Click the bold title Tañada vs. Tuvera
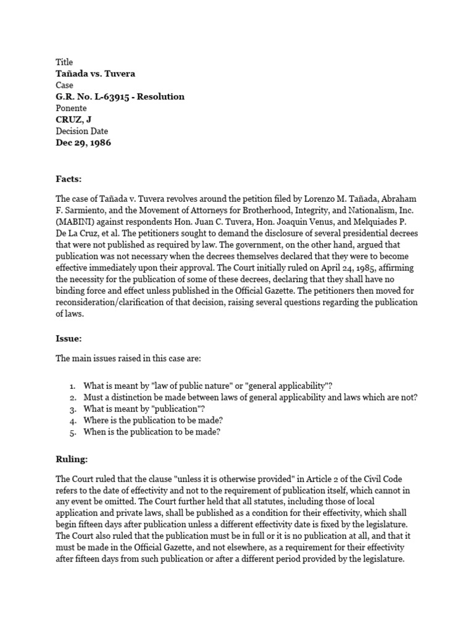coord(95,73)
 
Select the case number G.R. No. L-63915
coord(98,96)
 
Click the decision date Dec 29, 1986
coord(84,143)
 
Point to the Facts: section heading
coord(69,179)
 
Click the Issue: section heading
coord(69,339)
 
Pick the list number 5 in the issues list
coord(72,432)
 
